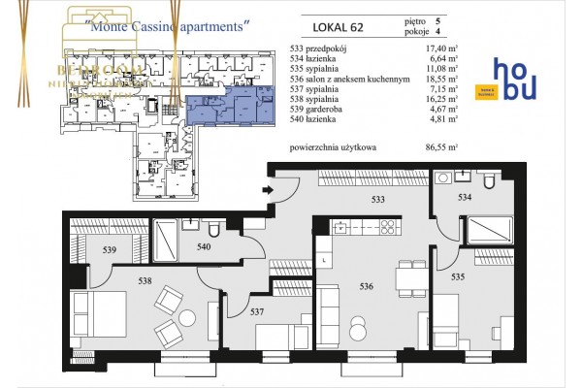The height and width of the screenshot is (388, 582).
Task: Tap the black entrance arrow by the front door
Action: (268, 190)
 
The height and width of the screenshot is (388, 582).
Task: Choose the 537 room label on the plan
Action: (257, 312)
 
